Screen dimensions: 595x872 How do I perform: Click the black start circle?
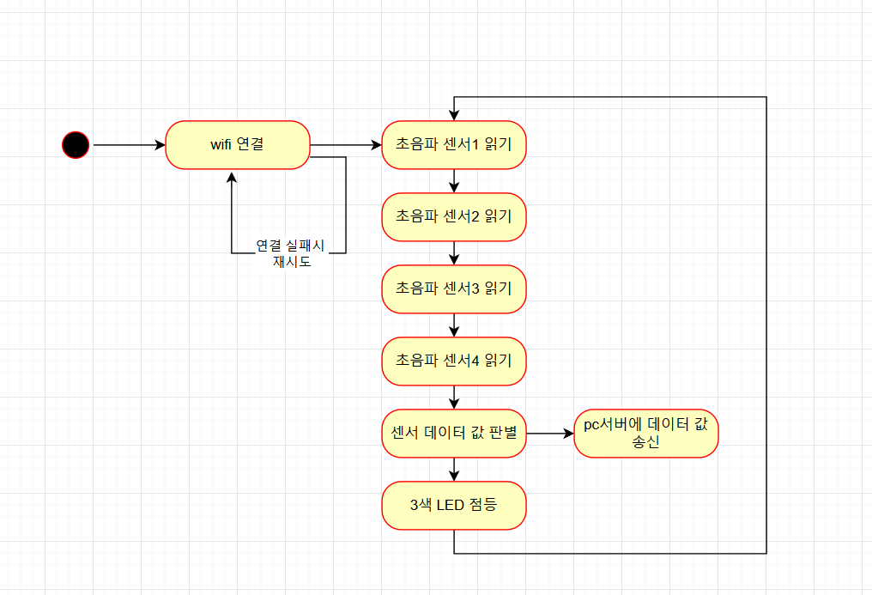[x=76, y=145]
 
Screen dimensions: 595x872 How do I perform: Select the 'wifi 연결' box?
[x=238, y=145]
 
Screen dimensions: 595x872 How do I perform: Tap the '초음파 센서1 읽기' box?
[x=453, y=145]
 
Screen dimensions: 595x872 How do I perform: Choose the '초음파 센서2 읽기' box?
[x=453, y=216]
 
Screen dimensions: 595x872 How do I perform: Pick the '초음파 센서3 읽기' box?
[x=453, y=288]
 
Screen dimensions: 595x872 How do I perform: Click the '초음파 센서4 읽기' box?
[x=453, y=361]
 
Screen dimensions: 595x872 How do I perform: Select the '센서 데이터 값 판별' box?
[x=453, y=433]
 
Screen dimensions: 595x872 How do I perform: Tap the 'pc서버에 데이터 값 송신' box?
[x=645, y=434]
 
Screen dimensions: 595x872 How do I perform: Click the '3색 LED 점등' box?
[x=453, y=505]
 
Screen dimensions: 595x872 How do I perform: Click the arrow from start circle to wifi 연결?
[x=129, y=145]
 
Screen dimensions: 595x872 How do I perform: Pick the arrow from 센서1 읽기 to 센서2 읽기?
[x=454, y=181]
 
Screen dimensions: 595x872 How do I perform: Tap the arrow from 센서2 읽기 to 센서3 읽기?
[x=454, y=253]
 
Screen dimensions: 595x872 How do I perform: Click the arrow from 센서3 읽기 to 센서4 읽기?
[x=454, y=325]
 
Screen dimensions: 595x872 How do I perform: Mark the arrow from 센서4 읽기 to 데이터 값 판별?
[x=454, y=398]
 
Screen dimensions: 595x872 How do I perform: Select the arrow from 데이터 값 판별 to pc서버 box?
[x=549, y=434]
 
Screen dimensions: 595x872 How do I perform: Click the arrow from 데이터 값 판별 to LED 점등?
[x=454, y=470]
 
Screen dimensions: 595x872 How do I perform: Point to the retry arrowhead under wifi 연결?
[x=232, y=176]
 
